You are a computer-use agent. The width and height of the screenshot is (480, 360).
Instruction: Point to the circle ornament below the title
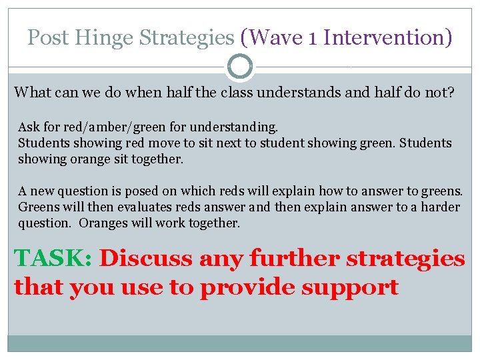(240, 67)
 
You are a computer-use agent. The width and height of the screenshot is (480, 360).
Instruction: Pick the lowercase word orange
(67, 160)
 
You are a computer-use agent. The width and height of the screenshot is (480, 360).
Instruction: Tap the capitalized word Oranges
(102, 223)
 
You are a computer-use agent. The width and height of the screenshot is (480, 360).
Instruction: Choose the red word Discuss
(138, 258)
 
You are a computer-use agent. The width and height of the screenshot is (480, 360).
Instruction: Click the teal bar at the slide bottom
(240, 343)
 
